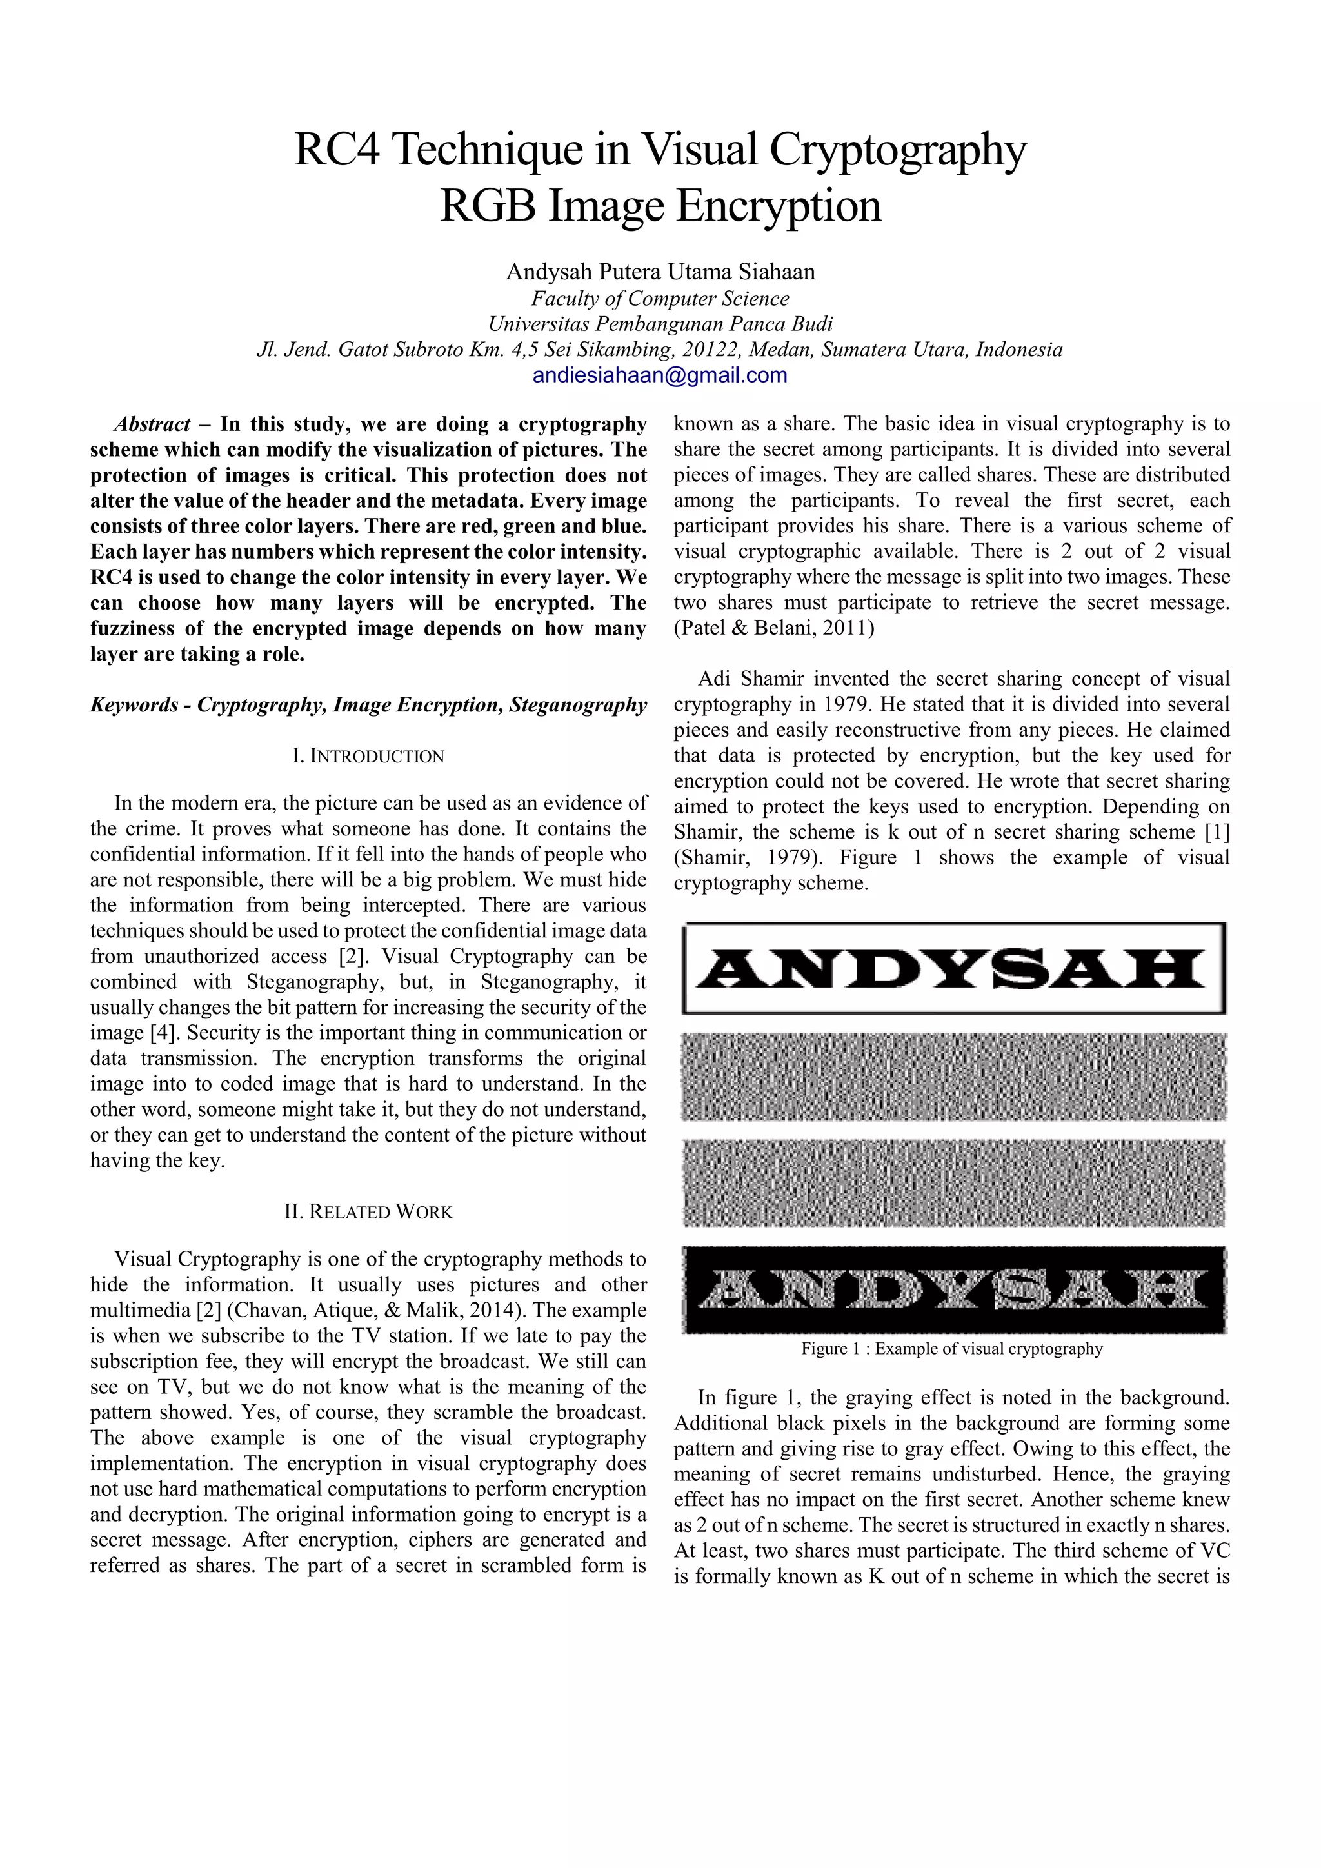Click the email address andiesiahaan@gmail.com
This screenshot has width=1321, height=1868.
(660, 375)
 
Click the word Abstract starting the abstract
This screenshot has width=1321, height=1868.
(152, 424)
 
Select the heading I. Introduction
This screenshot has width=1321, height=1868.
(368, 756)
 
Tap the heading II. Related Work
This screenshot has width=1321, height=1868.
(368, 1211)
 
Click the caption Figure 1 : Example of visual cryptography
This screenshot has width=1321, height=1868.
(951, 1348)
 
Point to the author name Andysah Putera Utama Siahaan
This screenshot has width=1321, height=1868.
(660, 272)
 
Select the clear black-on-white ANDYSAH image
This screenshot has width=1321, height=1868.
(953, 968)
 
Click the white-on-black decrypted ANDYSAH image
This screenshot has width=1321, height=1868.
(953, 1289)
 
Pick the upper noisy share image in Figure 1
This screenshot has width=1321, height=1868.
(953, 1077)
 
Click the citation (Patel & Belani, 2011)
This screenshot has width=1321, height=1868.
(773, 628)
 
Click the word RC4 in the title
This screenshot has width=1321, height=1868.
(336, 150)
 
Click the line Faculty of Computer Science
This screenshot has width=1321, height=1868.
(660, 299)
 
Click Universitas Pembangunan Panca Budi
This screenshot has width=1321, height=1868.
(660, 324)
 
